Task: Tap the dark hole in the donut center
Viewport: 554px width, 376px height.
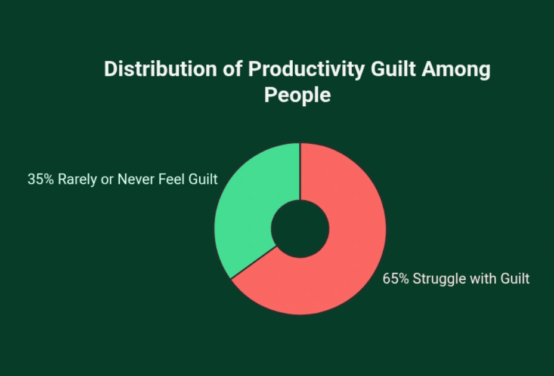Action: (300, 229)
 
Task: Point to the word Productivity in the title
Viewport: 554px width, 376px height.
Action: (305, 69)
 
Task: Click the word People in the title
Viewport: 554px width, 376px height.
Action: (298, 95)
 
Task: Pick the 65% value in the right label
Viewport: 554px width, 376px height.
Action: (395, 279)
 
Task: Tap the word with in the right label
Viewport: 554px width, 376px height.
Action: (479, 279)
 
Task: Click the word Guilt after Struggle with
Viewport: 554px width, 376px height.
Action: (514, 279)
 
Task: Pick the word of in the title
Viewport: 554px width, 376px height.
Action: (231, 69)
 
